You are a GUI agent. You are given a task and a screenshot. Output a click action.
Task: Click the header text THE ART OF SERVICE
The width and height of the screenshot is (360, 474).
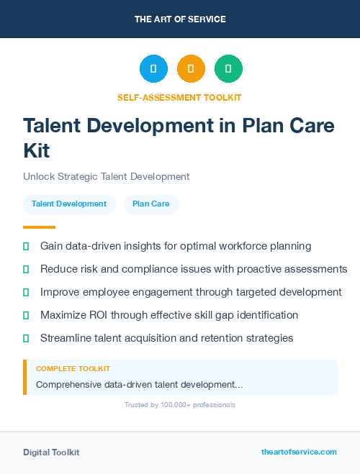(180, 19)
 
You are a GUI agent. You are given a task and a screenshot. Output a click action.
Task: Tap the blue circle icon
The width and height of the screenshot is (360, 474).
(153, 69)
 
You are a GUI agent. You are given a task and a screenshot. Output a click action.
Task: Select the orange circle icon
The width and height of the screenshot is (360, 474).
(191, 69)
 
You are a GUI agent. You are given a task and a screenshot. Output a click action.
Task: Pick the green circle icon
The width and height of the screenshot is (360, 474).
(228, 69)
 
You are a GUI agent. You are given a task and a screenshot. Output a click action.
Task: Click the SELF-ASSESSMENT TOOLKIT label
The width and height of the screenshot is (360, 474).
(180, 97)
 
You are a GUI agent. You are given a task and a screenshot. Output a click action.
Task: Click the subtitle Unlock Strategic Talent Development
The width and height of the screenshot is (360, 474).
(106, 176)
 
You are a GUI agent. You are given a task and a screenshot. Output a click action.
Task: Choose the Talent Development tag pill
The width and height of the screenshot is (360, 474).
(69, 204)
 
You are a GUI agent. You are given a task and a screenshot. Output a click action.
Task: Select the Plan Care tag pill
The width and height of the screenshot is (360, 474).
(151, 204)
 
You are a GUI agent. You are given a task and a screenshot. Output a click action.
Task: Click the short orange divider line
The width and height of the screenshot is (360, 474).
(34, 227)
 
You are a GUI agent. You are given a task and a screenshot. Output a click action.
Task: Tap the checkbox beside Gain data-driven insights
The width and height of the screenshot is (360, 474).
(26, 246)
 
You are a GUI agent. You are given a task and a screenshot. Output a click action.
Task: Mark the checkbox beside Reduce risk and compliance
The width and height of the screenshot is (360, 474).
(26, 269)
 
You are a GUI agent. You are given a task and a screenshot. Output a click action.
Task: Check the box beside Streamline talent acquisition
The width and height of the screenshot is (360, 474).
(26, 338)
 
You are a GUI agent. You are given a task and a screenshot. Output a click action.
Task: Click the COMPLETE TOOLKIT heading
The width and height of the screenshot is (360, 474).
(73, 369)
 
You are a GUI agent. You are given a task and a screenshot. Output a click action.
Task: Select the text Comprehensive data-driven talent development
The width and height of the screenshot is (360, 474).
(139, 385)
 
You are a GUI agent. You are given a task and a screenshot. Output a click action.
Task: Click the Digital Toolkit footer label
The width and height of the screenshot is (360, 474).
(51, 452)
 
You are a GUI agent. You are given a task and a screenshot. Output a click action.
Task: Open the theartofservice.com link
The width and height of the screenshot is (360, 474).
(299, 452)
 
